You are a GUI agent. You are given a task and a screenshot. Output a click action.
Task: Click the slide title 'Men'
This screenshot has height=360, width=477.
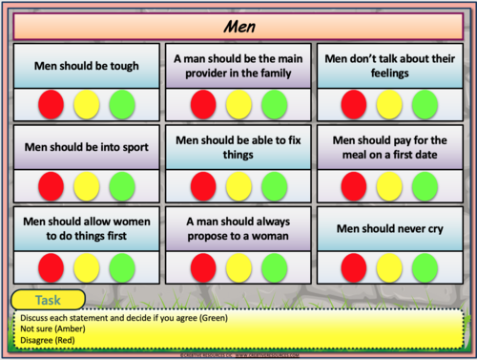click(238, 23)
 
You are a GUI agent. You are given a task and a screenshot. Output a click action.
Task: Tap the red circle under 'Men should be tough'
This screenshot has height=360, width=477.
click(52, 103)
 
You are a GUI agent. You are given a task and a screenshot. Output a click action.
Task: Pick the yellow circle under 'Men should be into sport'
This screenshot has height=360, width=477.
click(87, 184)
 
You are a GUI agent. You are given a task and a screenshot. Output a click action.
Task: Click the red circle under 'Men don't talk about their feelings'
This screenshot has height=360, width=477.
click(353, 103)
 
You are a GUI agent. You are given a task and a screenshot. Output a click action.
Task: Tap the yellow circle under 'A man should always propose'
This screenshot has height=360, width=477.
click(238, 265)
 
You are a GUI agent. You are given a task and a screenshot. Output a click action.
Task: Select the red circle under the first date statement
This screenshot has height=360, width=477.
click(353, 184)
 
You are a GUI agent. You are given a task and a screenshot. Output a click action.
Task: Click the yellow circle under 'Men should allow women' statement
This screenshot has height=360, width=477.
click(87, 265)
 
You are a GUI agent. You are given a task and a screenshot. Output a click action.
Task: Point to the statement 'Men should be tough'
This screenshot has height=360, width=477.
click(86, 66)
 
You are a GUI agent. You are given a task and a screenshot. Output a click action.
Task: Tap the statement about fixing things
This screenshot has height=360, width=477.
click(238, 148)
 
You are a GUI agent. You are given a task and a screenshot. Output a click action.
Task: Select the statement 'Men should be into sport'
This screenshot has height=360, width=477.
click(86, 148)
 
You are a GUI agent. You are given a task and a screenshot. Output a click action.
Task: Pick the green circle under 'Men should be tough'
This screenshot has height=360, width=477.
click(122, 103)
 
